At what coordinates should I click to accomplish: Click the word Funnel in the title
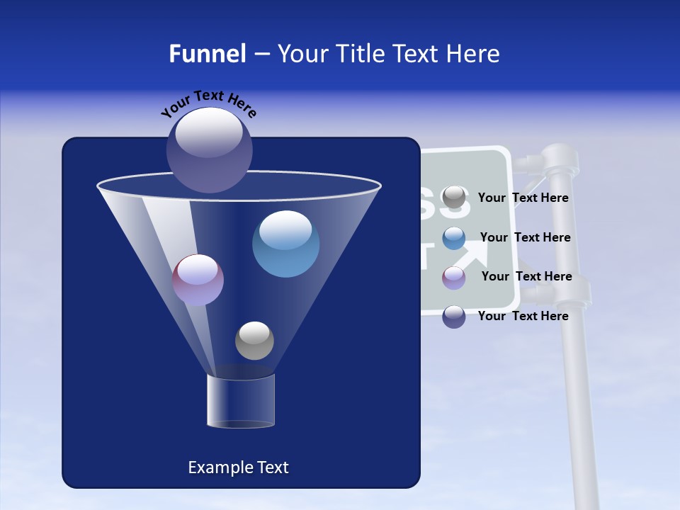tap(207, 54)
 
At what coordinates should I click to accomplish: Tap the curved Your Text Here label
tap(209, 103)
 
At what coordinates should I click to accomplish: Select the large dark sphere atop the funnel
tap(210, 150)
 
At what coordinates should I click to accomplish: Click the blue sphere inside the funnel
tap(285, 244)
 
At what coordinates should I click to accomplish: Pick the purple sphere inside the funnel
tap(198, 280)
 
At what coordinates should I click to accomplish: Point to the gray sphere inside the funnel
tap(254, 340)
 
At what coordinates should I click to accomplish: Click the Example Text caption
tap(238, 467)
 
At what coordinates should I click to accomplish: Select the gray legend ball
tap(454, 198)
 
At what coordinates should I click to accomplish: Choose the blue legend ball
tap(454, 238)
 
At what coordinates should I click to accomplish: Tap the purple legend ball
tap(454, 277)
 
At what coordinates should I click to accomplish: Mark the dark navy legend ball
tap(454, 317)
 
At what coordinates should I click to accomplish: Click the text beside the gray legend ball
tap(523, 198)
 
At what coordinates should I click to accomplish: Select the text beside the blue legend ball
tap(525, 237)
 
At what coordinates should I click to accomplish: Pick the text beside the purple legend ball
tap(526, 276)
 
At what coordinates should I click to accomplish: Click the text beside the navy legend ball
tap(523, 316)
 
